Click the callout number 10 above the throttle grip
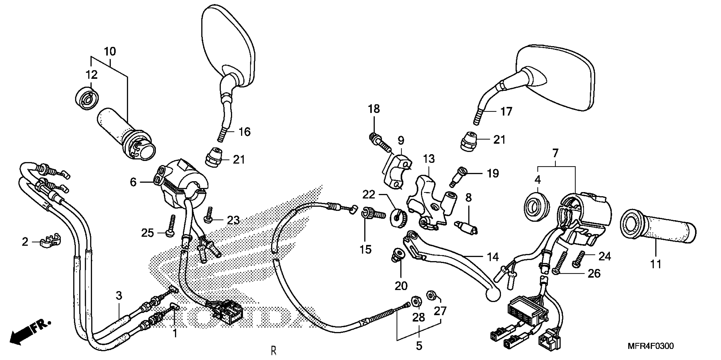110,52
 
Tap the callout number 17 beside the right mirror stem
506,112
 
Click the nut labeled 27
431,295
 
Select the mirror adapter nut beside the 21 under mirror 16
214,158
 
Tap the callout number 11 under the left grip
656,264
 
